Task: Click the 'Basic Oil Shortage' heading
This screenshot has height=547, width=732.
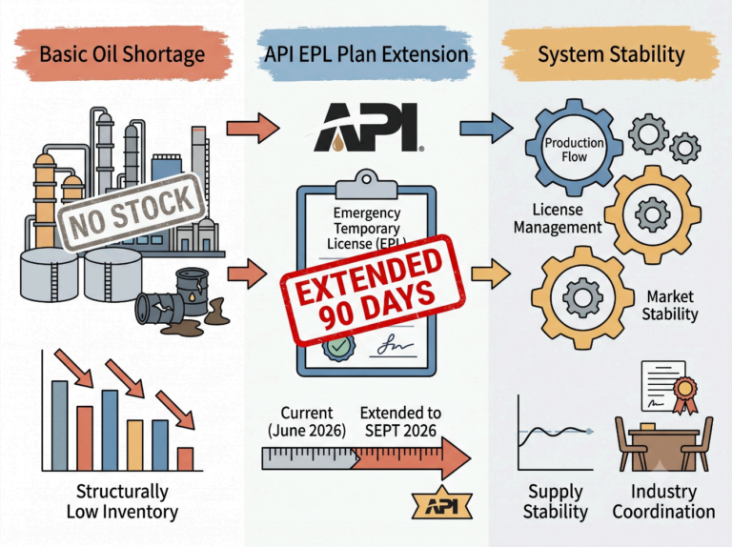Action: (x=122, y=54)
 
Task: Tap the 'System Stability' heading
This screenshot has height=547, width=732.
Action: (x=611, y=54)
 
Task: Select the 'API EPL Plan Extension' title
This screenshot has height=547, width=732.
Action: (x=366, y=54)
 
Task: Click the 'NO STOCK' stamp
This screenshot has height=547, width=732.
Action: (x=132, y=212)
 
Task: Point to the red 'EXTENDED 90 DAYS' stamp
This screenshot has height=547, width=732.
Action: (x=373, y=291)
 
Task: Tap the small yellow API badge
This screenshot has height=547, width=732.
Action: (x=442, y=504)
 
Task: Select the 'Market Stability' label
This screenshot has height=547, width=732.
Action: (x=669, y=305)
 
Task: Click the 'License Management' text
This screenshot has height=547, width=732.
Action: (x=558, y=218)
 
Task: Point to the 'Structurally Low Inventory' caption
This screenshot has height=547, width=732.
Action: (x=122, y=501)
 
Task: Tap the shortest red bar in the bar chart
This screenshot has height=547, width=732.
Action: (x=185, y=458)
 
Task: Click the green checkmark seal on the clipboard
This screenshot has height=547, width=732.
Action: (x=339, y=346)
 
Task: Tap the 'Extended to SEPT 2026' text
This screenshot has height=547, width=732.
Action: (x=400, y=421)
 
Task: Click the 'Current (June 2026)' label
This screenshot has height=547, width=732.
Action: (x=307, y=421)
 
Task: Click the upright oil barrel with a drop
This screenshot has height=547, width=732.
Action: (x=193, y=293)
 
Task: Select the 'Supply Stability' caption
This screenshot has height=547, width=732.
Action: (x=555, y=501)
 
